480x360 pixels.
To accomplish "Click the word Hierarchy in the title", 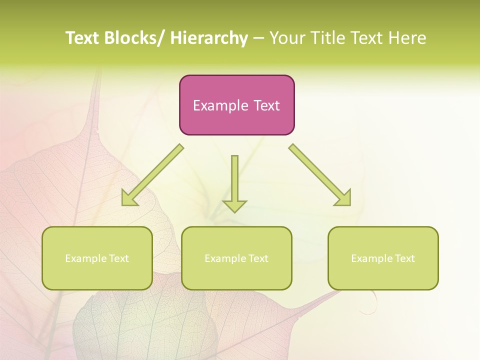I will [x=208, y=38].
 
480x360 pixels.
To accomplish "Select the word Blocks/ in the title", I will [x=135, y=38].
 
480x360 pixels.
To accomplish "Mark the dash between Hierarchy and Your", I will [x=258, y=39].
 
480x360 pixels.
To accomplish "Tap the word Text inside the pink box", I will [x=265, y=105].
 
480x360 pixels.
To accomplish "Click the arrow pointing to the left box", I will [x=152, y=175].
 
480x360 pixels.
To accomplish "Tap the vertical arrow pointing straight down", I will [x=234, y=180].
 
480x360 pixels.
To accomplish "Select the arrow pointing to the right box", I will [x=320, y=175].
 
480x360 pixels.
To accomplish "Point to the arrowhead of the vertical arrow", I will [x=234, y=205].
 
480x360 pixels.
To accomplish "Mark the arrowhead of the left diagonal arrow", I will [x=128, y=198].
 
